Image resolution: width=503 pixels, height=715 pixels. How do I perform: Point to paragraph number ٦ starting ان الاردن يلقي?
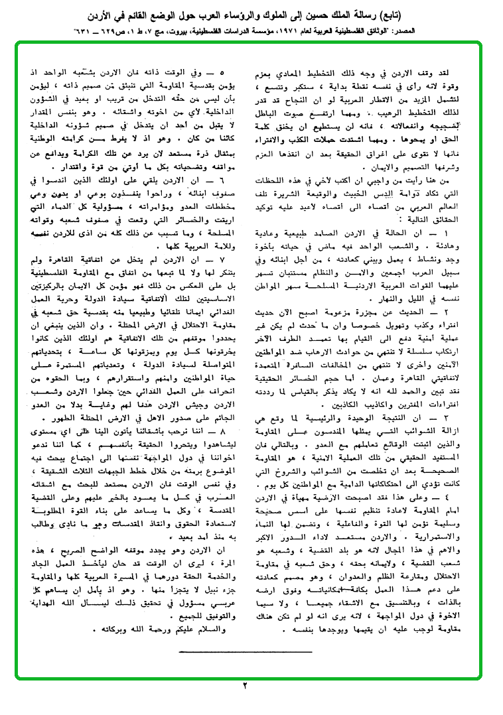(222, 182)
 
